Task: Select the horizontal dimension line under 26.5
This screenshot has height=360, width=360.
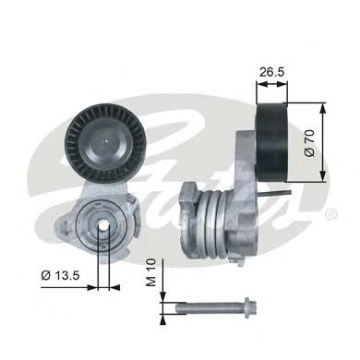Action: click(271, 84)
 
